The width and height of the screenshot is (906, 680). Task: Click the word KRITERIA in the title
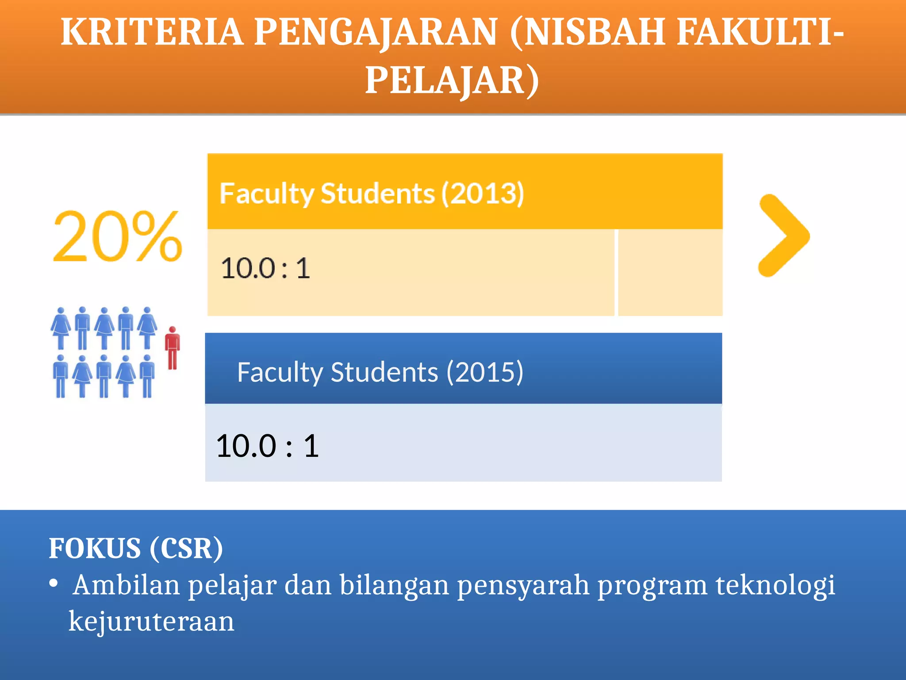pos(152,32)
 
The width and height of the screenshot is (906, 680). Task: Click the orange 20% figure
pos(117,236)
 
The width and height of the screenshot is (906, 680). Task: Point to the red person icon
pos(173,348)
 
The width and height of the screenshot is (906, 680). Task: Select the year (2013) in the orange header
pos(483,193)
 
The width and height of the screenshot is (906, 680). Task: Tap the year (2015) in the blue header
pos(485,372)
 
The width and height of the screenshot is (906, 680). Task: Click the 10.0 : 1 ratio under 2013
pos(265,268)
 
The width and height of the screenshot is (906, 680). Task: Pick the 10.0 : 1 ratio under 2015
pos(267,446)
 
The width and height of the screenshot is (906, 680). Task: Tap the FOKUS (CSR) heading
pos(136,549)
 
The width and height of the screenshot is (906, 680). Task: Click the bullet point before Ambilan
pos(54,584)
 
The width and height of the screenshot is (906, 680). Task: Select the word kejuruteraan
pos(151,621)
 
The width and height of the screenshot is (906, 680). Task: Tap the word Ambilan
pos(127,585)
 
